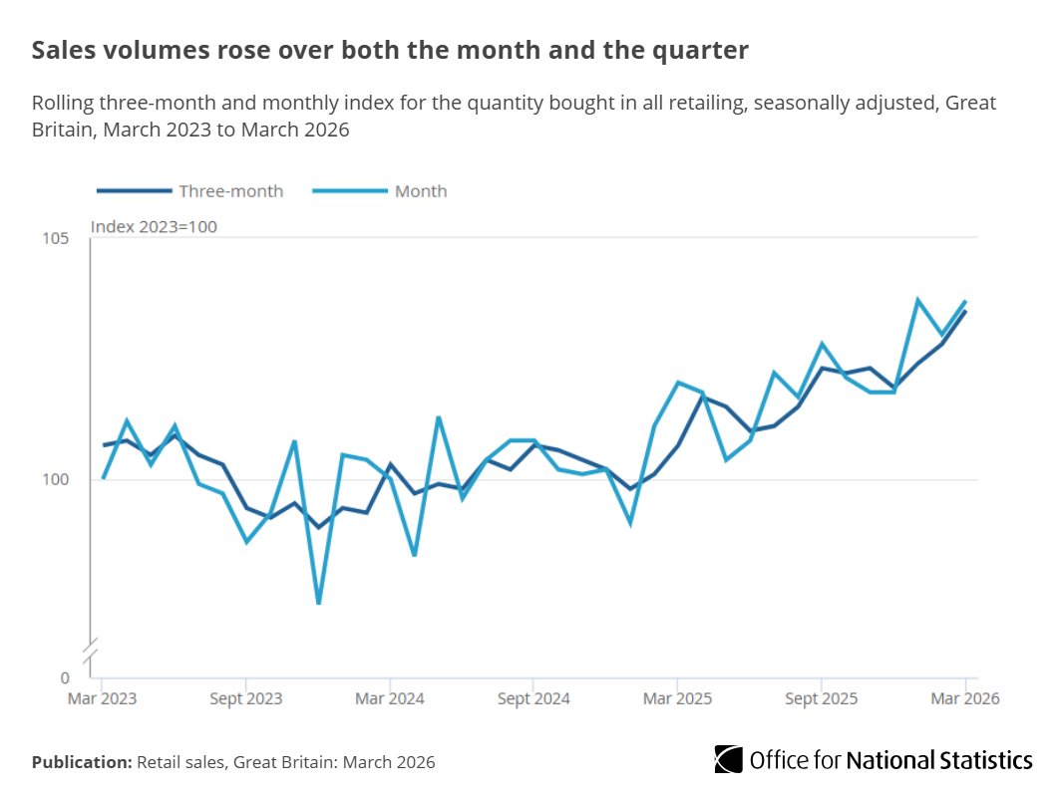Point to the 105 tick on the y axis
(x=55, y=238)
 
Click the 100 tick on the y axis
(x=55, y=479)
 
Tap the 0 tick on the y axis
(x=65, y=677)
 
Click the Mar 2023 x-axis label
(x=102, y=699)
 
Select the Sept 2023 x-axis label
(x=245, y=699)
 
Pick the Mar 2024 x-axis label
(x=390, y=699)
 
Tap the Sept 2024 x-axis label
(x=533, y=699)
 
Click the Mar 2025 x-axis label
(x=677, y=699)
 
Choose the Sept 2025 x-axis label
(x=821, y=699)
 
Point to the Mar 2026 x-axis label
(x=964, y=699)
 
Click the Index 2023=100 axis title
(x=154, y=227)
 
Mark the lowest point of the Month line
(x=318, y=603)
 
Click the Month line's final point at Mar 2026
(x=965, y=301)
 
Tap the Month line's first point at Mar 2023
(x=103, y=478)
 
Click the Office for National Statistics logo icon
(x=728, y=760)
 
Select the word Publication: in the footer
(x=82, y=762)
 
